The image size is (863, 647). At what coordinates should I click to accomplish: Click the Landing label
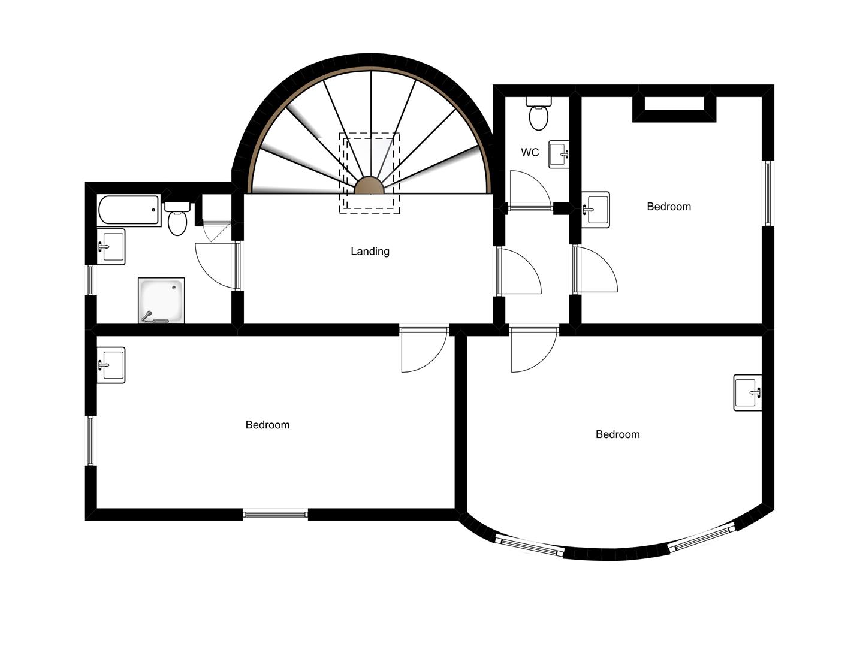370,252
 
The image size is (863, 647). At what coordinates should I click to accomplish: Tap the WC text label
530,153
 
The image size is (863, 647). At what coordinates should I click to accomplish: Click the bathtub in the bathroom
129,210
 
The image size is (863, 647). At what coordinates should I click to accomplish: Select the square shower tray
161,300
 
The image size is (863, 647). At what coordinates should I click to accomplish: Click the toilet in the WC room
538,115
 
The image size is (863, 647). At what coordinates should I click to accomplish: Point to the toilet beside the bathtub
177,219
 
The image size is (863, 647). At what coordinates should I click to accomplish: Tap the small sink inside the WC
559,155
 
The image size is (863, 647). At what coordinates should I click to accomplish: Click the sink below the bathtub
111,246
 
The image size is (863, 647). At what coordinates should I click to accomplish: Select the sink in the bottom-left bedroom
111,365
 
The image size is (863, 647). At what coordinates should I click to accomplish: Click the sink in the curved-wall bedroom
747,393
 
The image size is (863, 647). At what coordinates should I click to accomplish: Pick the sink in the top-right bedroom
596,210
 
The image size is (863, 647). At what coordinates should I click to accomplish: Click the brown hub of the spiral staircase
369,186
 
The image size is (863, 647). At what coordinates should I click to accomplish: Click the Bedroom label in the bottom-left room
267,425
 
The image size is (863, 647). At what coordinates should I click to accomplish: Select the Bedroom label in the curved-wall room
617,434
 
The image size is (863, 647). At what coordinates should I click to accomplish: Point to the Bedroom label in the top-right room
669,207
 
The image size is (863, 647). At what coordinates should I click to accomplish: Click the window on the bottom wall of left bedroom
275,513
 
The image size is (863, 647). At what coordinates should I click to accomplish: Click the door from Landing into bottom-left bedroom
423,350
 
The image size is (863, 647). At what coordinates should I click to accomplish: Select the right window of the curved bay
701,538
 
